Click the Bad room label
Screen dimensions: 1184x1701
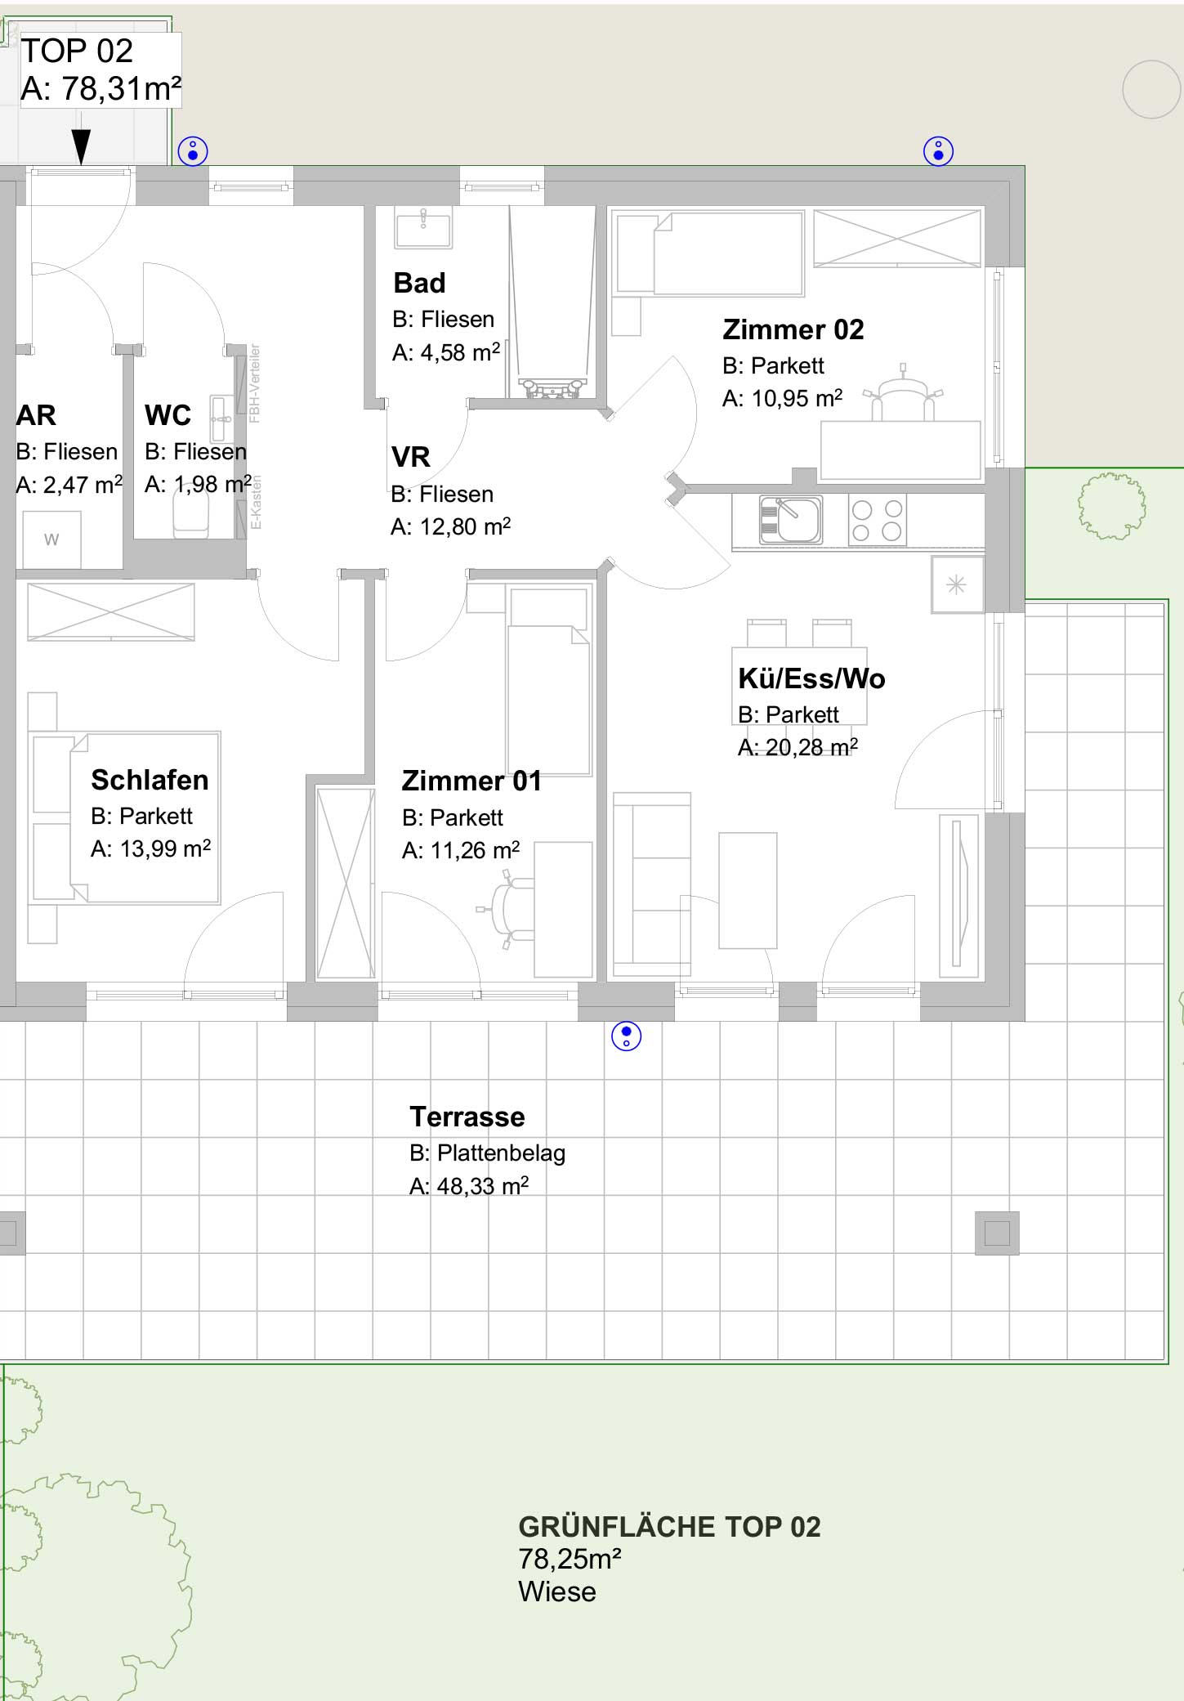pos(419,283)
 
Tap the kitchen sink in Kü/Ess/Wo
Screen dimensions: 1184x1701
pos(790,520)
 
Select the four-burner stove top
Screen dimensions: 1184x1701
pos(877,521)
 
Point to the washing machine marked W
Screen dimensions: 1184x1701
pos(51,539)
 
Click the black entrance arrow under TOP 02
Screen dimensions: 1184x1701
pos(81,147)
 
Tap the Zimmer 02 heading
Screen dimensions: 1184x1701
pos(793,329)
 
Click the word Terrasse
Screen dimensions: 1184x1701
pos(467,1117)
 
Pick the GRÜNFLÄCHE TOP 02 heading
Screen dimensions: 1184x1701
pos(669,1527)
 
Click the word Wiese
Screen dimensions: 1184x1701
pos(557,1591)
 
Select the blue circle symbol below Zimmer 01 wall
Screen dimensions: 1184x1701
pos(627,1036)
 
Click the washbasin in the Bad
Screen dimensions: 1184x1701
pos(423,226)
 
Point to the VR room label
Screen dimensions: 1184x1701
pos(410,457)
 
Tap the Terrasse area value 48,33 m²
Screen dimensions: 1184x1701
pos(469,1186)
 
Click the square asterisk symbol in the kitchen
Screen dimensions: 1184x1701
pos(957,584)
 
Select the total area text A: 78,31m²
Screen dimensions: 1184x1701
pos(101,88)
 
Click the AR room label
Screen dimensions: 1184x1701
pos(36,415)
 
